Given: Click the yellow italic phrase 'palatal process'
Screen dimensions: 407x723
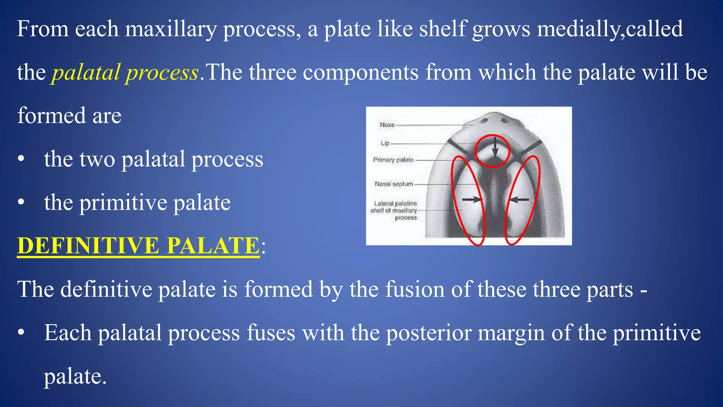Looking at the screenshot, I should pos(125,73).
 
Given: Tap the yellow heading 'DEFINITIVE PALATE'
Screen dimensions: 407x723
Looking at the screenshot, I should pos(138,246).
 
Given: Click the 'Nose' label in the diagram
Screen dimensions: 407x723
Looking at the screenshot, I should pos(387,125).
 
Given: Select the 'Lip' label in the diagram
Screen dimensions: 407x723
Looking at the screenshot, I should pos(385,143).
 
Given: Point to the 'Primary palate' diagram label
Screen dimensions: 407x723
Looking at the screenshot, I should pos(393,160).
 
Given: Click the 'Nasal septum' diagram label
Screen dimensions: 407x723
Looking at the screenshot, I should pos(394,184).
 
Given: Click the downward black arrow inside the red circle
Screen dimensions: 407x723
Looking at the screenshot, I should pos(495,148).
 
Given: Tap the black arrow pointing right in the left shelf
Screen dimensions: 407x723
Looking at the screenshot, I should pos(472,200).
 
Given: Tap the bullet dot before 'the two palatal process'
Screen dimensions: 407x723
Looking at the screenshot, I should pos(21,159).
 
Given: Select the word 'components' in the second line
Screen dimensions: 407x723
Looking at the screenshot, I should pos(360,73).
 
